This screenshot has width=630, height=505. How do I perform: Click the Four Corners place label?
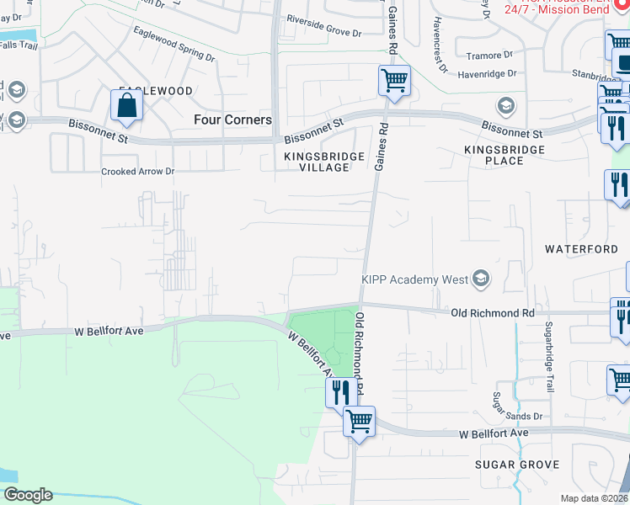(232, 120)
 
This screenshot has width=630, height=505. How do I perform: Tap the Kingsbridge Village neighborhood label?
(324, 162)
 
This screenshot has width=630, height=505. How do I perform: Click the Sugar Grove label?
(517, 465)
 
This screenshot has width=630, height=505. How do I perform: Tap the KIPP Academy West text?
(414, 279)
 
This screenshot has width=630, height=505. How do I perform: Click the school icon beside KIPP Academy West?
(481, 279)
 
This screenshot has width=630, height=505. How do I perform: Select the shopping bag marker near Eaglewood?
(126, 106)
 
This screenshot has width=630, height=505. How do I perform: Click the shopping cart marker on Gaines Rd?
(394, 82)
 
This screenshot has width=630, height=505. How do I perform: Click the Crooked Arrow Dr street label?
(137, 171)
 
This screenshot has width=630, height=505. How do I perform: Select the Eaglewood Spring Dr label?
(174, 43)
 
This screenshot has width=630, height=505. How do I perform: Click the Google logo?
(27, 495)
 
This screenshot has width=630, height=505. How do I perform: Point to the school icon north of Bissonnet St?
(505, 106)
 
